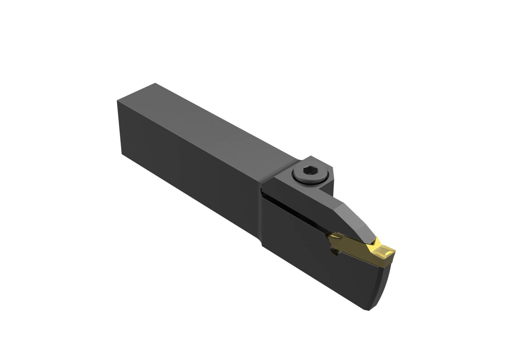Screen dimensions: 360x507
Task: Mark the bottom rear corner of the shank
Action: coord(122,154)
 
